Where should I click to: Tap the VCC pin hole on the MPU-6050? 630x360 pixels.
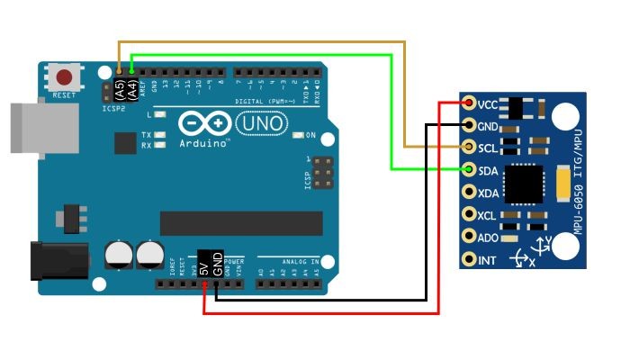(x=469, y=104)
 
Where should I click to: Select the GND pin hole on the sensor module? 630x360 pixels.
(x=469, y=125)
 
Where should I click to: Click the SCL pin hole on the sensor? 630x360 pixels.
(x=469, y=147)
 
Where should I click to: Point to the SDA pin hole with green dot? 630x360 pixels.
(x=469, y=169)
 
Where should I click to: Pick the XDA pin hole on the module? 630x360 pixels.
(x=469, y=192)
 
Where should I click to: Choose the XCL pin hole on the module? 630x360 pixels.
(x=469, y=214)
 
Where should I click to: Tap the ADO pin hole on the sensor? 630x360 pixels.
(x=469, y=237)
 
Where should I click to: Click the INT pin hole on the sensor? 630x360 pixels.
(x=469, y=259)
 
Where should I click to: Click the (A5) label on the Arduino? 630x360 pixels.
(x=119, y=89)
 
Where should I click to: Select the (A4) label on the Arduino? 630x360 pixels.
(x=131, y=89)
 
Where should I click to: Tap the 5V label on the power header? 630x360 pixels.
(x=204, y=265)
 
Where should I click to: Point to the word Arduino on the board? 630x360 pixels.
(x=204, y=142)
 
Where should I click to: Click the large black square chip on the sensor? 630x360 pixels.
(x=525, y=185)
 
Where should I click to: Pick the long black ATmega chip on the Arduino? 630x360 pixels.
(x=241, y=222)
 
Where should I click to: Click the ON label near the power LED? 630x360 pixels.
(x=310, y=136)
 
